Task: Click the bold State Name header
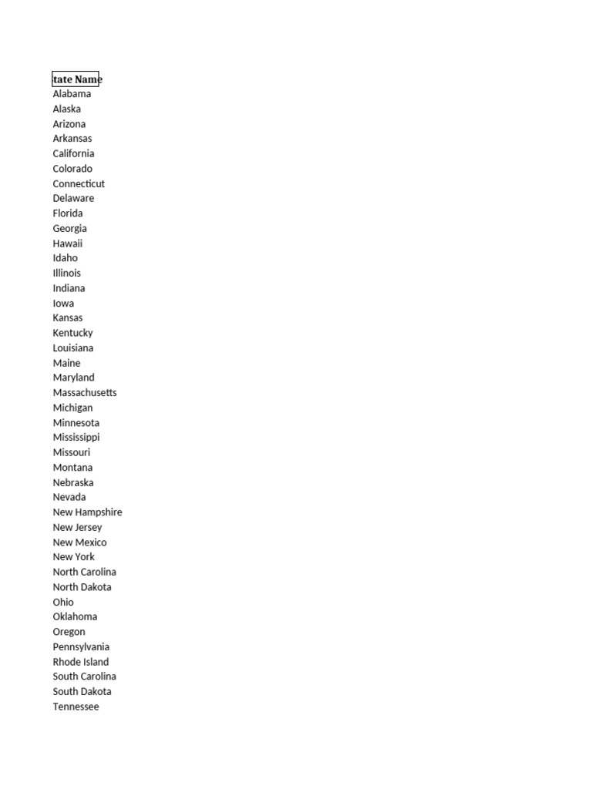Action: tap(76, 79)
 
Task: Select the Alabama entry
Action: tap(72, 94)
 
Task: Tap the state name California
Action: tap(73, 153)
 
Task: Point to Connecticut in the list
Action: tap(79, 183)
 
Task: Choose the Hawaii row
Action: tap(67, 243)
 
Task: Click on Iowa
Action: tap(63, 303)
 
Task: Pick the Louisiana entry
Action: tap(72, 347)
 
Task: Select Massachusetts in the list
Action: tap(85, 392)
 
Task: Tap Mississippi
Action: tap(76, 437)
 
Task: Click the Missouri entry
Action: tap(71, 452)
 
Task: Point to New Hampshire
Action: tap(87, 512)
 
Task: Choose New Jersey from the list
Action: tap(77, 527)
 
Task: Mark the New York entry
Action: tap(73, 556)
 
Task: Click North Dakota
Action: tap(82, 586)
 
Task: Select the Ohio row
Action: tap(63, 602)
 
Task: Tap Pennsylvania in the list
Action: tap(81, 646)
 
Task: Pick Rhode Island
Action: tap(80, 661)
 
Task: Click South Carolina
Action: tap(84, 676)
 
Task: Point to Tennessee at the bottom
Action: tap(76, 707)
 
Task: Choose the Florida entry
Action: tap(68, 213)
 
